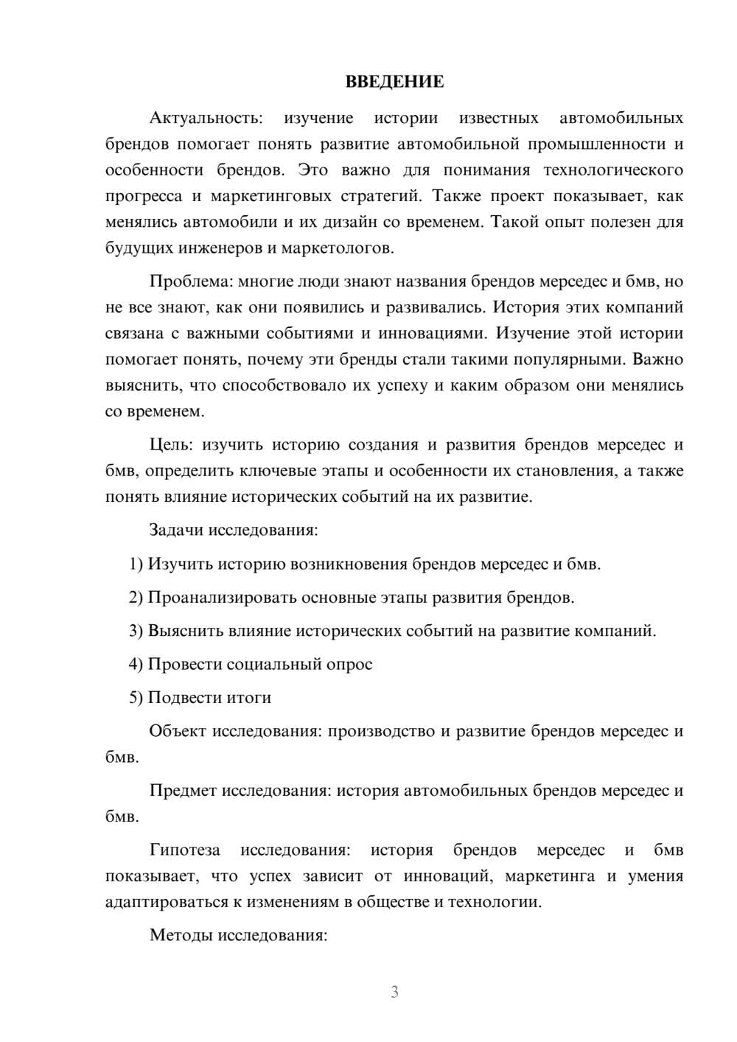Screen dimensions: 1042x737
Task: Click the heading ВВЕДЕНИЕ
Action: [394, 82]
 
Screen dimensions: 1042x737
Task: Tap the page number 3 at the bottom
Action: [394, 992]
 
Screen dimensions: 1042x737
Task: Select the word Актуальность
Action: [206, 118]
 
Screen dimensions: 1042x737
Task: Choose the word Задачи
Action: [177, 530]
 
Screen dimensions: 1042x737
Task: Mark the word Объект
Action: [178, 731]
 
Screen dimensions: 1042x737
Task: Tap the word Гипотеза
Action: [184, 850]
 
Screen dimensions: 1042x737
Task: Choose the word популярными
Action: [559, 360]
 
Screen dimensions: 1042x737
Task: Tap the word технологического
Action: [613, 170]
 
